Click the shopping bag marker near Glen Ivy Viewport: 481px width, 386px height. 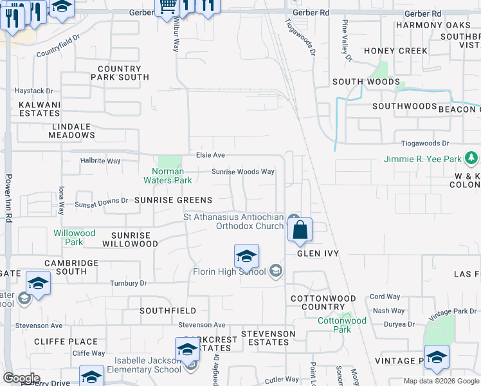[300, 230]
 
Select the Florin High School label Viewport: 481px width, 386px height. [230, 271]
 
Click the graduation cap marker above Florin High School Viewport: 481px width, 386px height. [246, 257]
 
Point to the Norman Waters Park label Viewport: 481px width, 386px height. [168, 176]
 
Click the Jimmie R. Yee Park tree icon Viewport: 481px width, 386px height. [471, 158]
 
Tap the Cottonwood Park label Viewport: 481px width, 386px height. [342, 325]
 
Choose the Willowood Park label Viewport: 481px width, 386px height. [74, 237]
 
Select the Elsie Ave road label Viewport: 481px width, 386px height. [210, 155]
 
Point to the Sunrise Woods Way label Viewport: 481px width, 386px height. [243, 172]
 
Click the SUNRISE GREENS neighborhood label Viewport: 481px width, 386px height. [174, 201]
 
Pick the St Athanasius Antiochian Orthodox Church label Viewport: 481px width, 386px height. [234, 221]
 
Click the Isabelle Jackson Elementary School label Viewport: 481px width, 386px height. [148, 365]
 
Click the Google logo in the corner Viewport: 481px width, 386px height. [21, 378]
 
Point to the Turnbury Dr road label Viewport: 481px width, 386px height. [129, 283]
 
